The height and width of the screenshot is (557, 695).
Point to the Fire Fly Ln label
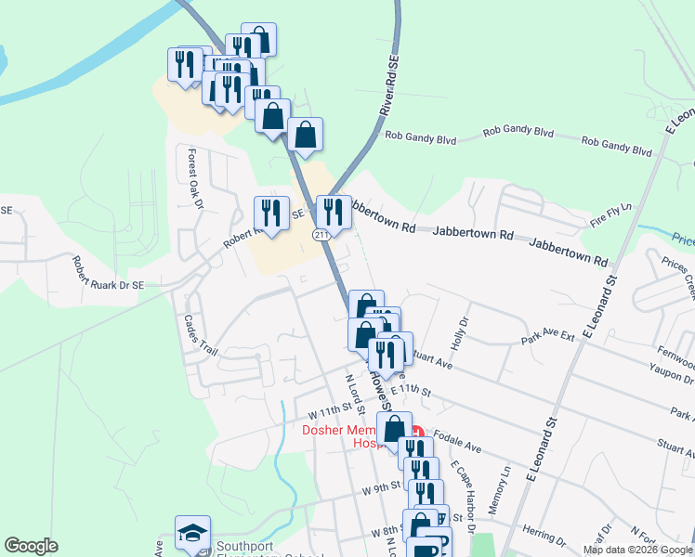coord(610,214)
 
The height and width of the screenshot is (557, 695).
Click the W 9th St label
coord(381,487)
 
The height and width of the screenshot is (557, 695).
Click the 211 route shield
coord(321,235)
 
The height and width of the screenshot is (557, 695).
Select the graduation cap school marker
coord(192,533)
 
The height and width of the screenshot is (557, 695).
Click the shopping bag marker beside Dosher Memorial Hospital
coord(394,429)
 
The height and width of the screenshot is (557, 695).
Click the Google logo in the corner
coord(31,546)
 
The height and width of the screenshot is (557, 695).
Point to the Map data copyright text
coord(637,550)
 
